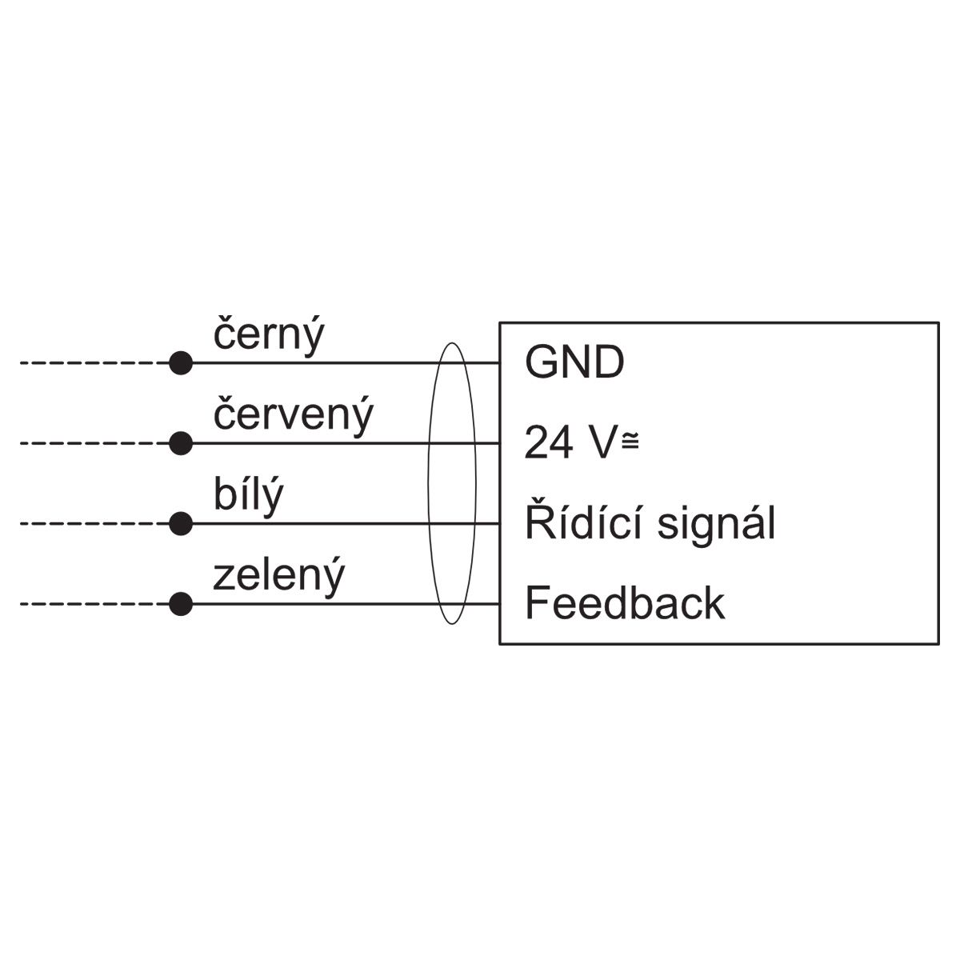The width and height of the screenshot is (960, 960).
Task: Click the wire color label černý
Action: pyautogui.click(x=269, y=335)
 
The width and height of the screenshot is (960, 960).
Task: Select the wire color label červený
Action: pyautogui.click(x=293, y=416)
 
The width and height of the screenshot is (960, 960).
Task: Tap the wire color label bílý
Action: pyautogui.click(x=248, y=496)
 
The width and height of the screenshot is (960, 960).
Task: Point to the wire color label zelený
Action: pyautogui.click(x=278, y=577)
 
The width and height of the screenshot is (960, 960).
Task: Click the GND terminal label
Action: pyautogui.click(x=574, y=362)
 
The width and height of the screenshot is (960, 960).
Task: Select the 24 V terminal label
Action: pyautogui.click(x=582, y=442)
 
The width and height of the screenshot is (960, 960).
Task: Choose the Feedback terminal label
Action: pyautogui.click(x=625, y=603)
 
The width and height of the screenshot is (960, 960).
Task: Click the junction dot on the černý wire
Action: pyautogui.click(x=181, y=362)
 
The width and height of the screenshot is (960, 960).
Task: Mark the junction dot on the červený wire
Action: pyautogui.click(x=181, y=443)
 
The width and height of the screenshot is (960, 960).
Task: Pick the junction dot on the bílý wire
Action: pyautogui.click(x=181, y=523)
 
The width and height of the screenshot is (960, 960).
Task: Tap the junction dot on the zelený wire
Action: pyautogui.click(x=181, y=604)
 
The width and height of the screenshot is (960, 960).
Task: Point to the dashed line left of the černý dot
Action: pyautogui.click(x=94, y=362)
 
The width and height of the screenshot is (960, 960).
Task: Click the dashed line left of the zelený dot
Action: pyautogui.click(x=94, y=604)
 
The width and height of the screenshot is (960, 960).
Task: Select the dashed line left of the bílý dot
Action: pyautogui.click(x=94, y=523)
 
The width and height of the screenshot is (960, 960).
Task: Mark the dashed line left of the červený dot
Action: pyautogui.click(x=94, y=443)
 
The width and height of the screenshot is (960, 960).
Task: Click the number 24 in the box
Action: pyautogui.click(x=549, y=442)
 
